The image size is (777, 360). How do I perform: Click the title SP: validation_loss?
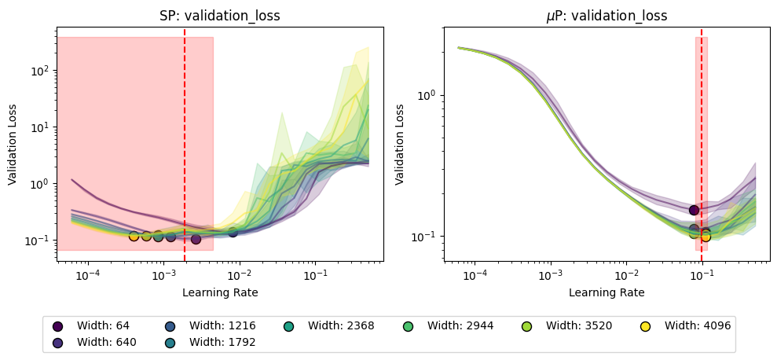[x=220, y=15]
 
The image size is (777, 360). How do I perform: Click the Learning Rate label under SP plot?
[x=220, y=292]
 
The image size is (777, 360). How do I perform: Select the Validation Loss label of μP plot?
[x=400, y=144]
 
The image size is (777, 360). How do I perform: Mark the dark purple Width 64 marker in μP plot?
[x=694, y=210]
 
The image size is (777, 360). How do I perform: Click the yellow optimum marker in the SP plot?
[x=134, y=236]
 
